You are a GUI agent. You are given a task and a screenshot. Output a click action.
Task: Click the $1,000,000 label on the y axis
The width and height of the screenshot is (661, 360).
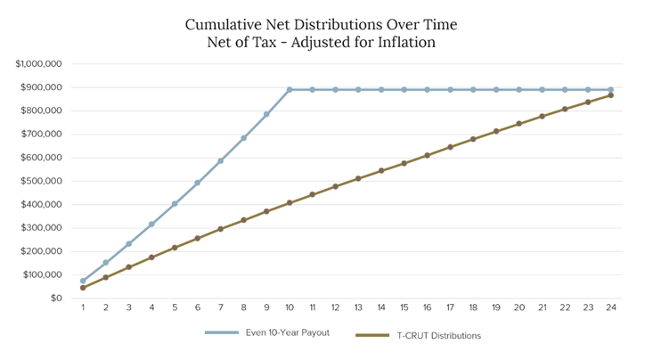coord(38,64)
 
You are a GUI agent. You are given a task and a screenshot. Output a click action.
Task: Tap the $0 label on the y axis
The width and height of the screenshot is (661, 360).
coord(55,298)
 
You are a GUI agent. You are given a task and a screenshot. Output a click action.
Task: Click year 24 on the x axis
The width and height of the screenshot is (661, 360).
coord(610,307)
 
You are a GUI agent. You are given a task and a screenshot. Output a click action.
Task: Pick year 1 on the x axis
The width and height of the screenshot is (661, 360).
coord(83,307)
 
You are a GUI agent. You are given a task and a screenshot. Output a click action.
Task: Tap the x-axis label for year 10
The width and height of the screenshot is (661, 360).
coord(290,307)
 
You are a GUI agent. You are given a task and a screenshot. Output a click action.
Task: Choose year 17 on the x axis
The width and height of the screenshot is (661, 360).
coord(450,307)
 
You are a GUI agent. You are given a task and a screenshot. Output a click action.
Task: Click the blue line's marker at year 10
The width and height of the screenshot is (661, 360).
coord(290,90)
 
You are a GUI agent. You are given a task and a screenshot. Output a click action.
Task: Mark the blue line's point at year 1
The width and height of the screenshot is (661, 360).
coord(83,281)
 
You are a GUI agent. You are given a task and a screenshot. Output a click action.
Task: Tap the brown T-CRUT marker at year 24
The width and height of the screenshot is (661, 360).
coord(610,95)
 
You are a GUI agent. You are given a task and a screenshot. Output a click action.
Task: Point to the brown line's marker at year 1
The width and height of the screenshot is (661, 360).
coord(83,288)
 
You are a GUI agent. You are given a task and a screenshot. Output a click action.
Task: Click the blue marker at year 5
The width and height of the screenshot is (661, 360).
coord(175,204)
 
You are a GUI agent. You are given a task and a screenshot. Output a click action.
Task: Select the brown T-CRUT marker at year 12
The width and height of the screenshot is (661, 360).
coord(335,186)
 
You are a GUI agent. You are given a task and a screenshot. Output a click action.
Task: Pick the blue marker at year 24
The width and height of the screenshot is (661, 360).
coord(610,90)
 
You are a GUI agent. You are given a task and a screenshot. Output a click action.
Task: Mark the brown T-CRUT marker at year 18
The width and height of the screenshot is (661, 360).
coord(473,139)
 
